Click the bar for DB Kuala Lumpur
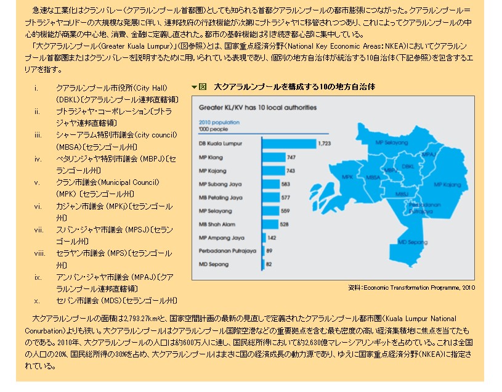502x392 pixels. click(x=288, y=144)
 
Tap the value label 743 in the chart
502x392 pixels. click(x=290, y=171)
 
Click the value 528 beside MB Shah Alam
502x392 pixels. click(x=285, y=224)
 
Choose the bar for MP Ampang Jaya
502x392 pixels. click(x=264, y=237)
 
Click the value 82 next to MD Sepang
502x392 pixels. click(x=269, y=264)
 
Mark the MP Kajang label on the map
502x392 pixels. click(x=447, y=184)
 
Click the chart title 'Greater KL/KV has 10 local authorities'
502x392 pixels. click(x=257, y=107)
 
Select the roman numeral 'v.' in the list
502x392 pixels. click(x=37, y=182)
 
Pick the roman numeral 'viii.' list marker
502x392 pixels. click(x=40, y=253)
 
